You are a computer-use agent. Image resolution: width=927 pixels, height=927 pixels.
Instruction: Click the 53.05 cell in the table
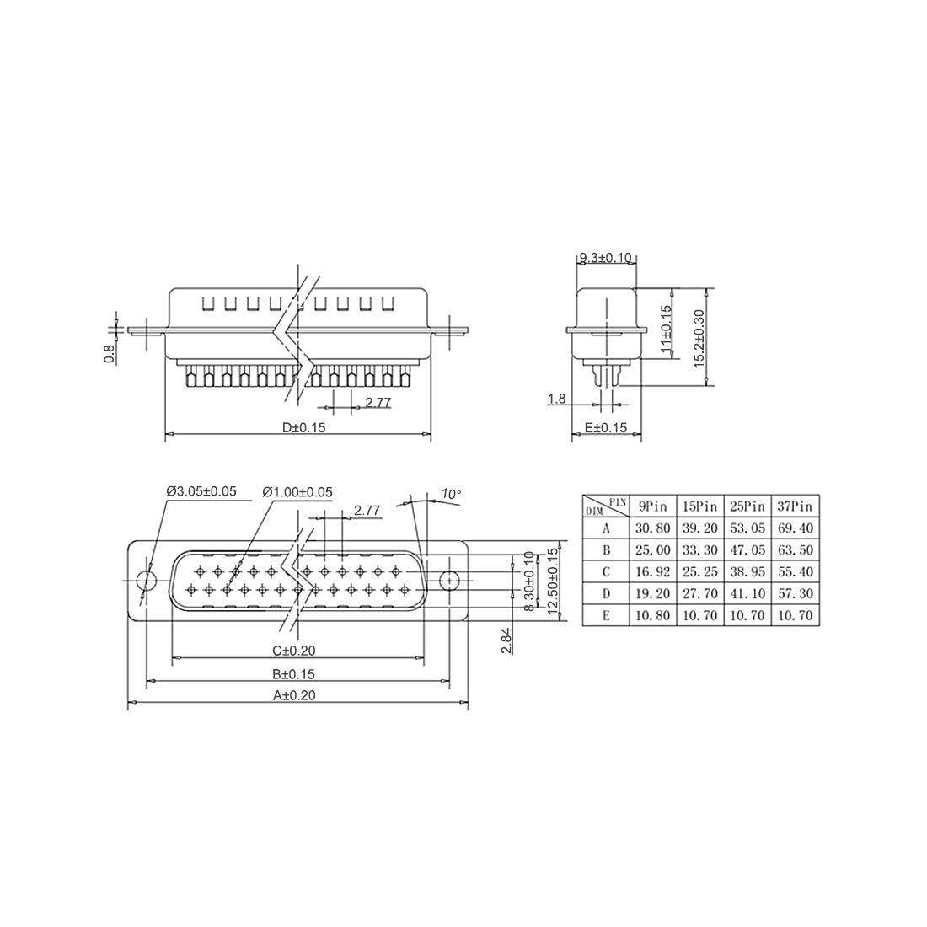click(747, 528)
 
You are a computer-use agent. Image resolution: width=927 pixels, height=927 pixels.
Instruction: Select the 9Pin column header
click(652, 506)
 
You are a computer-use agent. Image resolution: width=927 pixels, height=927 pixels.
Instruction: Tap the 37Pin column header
click(796, 506)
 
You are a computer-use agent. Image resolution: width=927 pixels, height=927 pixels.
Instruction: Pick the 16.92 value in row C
click(652, 571)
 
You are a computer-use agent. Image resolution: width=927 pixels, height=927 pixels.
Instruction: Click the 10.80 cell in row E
click(652, 615)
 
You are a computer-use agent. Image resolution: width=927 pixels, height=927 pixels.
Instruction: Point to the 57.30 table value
click(796, 593)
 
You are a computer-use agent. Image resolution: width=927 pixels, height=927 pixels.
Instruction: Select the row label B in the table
click(605, 550)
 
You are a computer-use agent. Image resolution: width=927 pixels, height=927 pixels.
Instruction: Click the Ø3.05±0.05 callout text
click(201, 491)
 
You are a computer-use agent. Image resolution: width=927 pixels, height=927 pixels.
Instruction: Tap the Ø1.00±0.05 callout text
click(297, 491)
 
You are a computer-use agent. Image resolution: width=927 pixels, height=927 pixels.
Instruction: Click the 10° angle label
click(451, 494)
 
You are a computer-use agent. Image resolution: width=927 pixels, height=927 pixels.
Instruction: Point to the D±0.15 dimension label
click(304, 427)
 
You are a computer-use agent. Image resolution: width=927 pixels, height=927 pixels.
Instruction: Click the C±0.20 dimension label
click(294, 651)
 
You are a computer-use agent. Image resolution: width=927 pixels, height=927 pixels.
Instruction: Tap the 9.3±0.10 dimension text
click(605, 257)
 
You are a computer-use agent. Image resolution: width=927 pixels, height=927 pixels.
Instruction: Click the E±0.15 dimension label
click(606, 427)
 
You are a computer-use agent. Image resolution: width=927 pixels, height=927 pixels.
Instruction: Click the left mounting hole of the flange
click(147, 580)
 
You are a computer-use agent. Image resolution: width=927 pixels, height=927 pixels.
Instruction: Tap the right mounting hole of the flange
click(449, 580)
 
